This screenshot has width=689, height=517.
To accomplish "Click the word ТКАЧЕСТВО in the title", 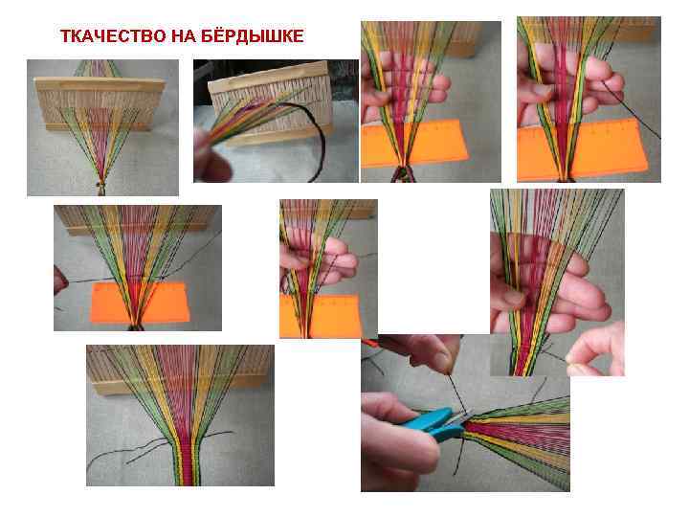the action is (113, 36).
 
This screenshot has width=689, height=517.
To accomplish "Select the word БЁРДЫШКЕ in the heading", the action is (253, 35).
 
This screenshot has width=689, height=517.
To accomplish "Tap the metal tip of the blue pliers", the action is (466, 416).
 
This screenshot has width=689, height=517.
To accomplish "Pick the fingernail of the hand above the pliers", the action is (441, 362).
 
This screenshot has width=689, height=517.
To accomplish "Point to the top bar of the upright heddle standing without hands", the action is (100, 83).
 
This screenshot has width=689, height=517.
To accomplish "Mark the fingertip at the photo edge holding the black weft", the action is (59, 281).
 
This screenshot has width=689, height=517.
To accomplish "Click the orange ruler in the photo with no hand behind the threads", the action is (140, 303).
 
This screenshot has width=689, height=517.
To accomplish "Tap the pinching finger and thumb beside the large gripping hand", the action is (596, 349).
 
